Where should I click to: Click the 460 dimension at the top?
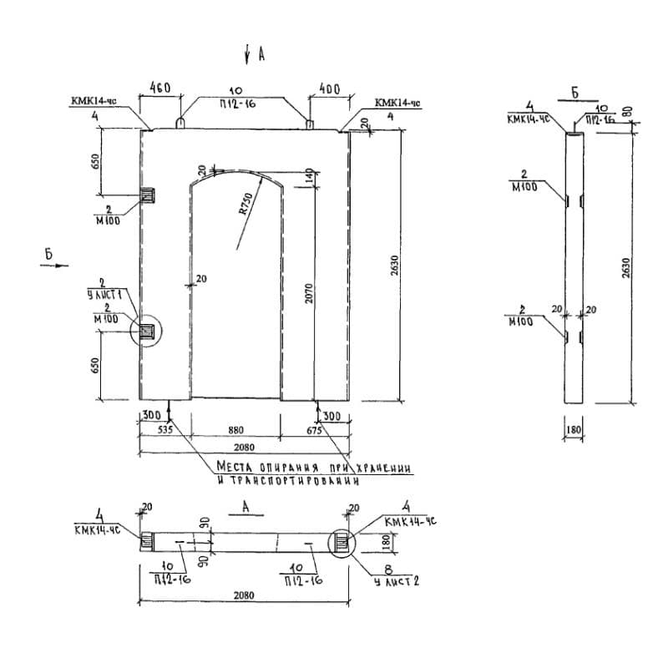160,87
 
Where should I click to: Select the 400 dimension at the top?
329,87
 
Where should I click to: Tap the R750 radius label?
245,204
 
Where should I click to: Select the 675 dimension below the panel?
314,430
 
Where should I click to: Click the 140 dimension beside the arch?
308,177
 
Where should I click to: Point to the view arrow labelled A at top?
248,55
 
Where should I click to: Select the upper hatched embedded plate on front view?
149,196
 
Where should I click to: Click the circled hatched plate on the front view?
148,331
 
